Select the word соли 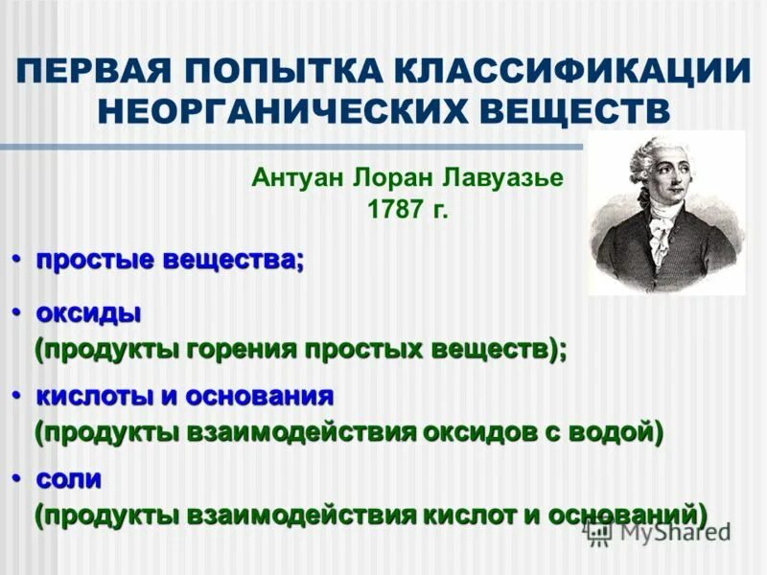pos(69,477)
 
